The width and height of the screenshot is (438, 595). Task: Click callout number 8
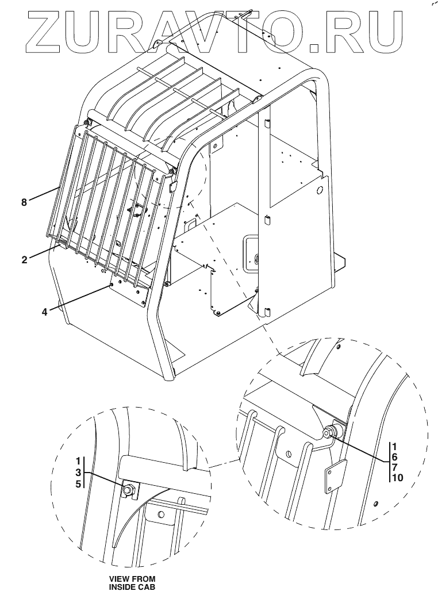point(24,202)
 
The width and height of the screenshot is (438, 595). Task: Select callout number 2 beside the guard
point(24,260)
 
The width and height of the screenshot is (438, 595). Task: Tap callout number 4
point(45,312)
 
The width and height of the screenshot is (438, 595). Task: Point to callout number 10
point(397,478)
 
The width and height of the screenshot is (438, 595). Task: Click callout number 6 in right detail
point(395,457)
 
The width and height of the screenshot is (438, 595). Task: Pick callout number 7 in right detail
point(395,467)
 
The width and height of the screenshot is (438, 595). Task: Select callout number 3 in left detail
point(78,473)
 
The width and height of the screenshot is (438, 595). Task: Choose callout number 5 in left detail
point(78,484)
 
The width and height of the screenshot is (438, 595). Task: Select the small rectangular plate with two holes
point(336,477)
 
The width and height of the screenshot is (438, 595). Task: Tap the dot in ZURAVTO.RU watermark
point(318,47)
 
